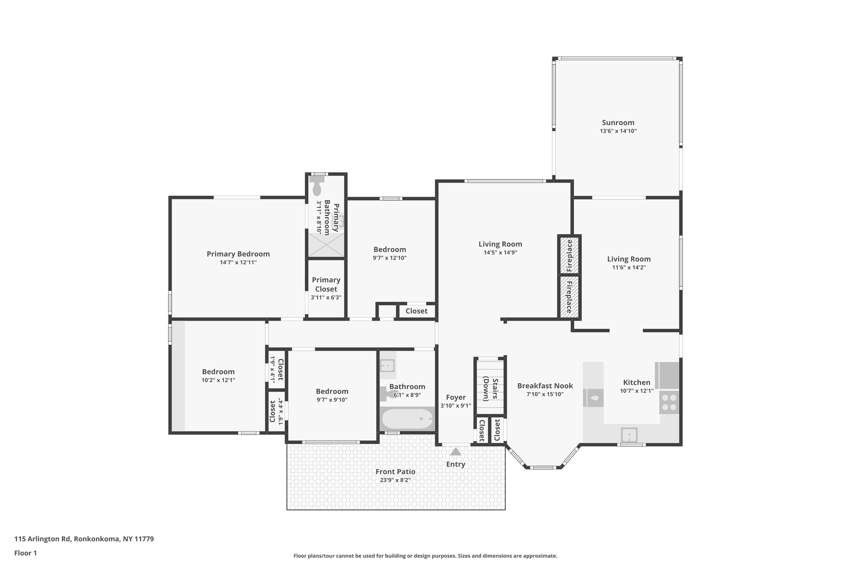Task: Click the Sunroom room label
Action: pyautogui.click(x=618, y=123)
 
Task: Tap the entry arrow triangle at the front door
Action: pyautogui.click(x=455, y=452)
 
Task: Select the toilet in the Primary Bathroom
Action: pyautogui.click(x=318, y=186)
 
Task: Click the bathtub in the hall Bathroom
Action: pyautogui.click(x=408, y=419)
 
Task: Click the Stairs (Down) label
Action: pyautogui.click(x=489, y=389)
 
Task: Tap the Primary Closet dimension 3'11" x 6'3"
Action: pyautogui.click(x=326, y=297)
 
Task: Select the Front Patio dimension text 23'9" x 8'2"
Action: pyautogui.click(x=395, y=480)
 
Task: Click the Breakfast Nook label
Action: pyautogui.click(x=545, y=386)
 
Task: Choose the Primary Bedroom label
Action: pyautogui.click(x=238, y=254)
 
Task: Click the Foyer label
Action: pyautogui.click(x=455, y=398)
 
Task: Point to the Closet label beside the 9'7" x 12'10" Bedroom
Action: pyautogui.click(x=416, y=311)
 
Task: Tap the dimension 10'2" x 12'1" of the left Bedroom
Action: pyautogui.click(x=218, y=380)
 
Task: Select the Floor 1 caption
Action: pyautogui.click(x=25, y=553)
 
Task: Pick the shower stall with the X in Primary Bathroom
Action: pyautogui.click(x=326, y=245)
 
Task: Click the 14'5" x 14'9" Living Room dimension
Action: pyautogui.click(x=500, y=253)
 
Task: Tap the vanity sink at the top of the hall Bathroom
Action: pyautogui.click(x=387, y=365)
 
